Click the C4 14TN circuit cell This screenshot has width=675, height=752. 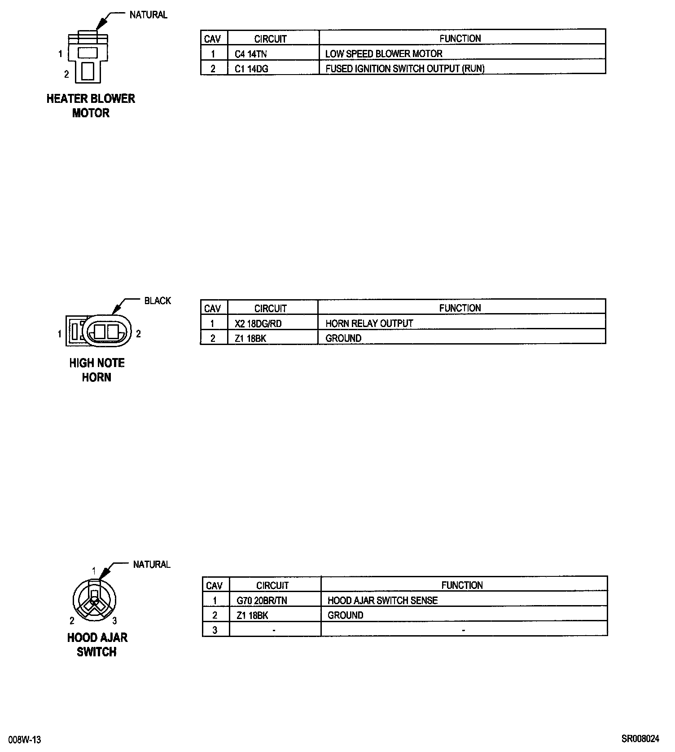pos(251,54)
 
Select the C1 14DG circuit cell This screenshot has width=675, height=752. pos(252,69)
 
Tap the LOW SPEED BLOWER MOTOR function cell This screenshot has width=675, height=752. pos(384,54)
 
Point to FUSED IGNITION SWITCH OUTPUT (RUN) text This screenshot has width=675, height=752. pos(405,69)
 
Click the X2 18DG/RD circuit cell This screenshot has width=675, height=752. pos(258,323)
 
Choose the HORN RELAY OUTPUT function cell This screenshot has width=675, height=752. pos(369,323)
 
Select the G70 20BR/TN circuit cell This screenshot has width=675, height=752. pos(262,601)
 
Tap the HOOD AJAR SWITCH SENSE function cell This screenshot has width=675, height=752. pos(382,601)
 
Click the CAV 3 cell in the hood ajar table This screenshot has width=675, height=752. pos(215,630)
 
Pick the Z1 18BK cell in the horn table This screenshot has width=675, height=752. pos(250,338)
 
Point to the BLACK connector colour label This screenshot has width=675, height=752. pos(158,301)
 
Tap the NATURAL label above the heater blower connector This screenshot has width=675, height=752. pos(148,15)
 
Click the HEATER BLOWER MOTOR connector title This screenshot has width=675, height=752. pos(91,106)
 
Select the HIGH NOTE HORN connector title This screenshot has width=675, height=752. pos(96,370)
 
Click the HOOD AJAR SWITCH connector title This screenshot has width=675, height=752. pos(97,645)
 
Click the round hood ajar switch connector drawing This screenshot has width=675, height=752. pos(95,600)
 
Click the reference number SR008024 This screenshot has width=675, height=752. pos(640,739)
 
